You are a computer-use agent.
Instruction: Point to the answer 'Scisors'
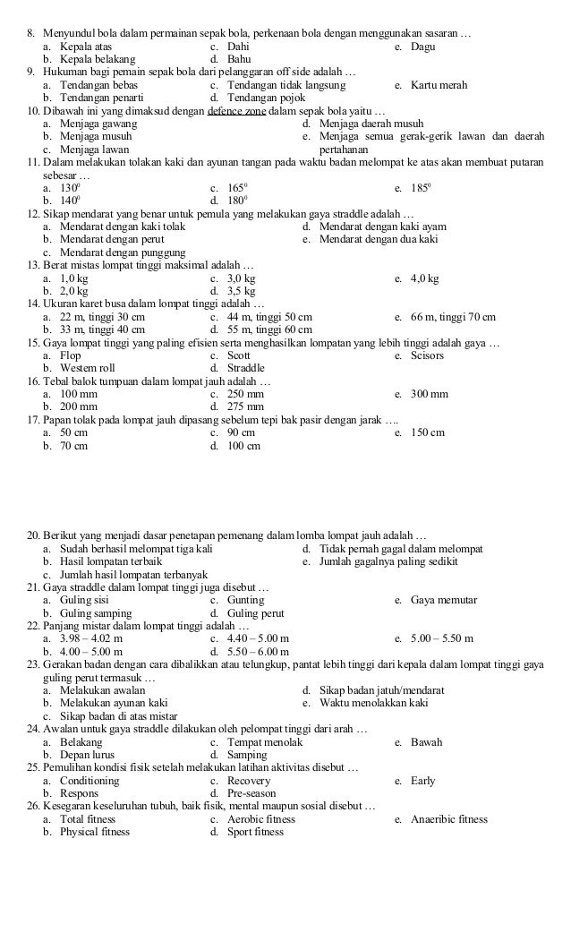pos(427,355)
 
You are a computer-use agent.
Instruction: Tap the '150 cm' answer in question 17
pos(428,432)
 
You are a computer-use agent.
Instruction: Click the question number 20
pos(33,535)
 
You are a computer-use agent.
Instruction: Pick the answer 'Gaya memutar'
pos(443,600)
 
